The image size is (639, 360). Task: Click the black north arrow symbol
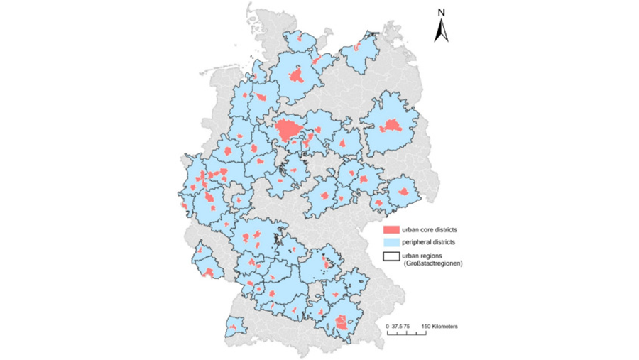coord(440,31)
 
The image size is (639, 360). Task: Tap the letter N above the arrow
coord(441,12)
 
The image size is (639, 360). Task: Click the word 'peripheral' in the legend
coord(420,243)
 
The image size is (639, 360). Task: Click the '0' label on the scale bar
coord(388,326)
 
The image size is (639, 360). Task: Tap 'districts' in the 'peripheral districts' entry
coord(447,243)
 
